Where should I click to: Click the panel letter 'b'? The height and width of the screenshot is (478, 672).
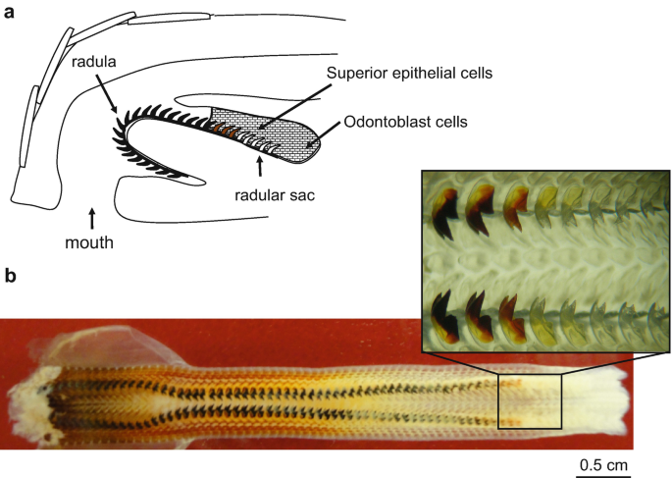pyautogui.click(x=10, y=277)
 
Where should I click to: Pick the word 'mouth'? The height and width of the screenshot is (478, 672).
pyautogui.click(x=92, y=237)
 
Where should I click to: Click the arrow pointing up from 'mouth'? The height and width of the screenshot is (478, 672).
pyautogui.click(x=92, y=214)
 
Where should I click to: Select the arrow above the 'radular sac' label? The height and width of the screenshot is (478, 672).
pyautogui.click(x=259, y=167)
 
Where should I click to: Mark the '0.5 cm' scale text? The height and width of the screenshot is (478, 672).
pyautogui.click(x=598, y=464)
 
